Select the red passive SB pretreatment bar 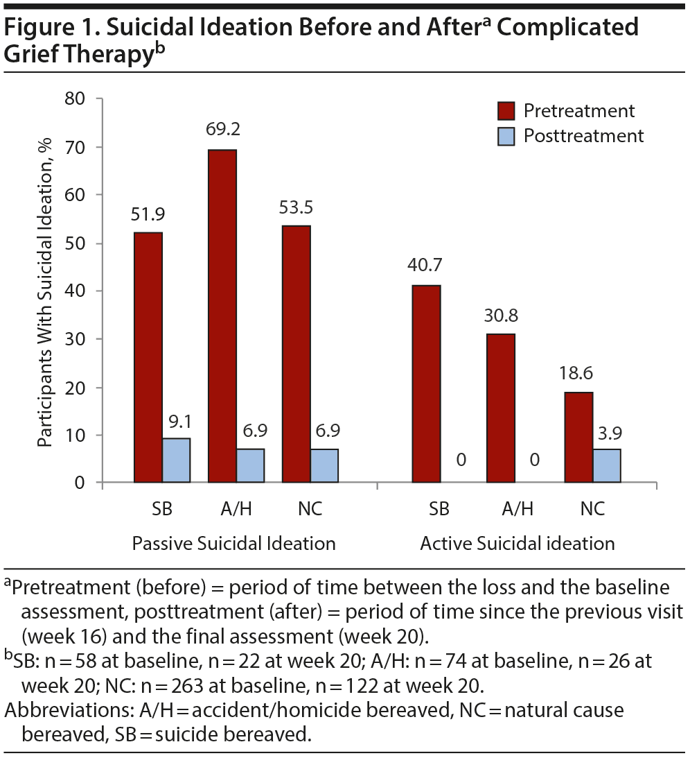[148, 357]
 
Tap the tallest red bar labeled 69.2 [222, 316]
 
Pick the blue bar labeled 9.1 [176, 460]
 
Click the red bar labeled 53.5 [297, 354]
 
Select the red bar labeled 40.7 [426, 384]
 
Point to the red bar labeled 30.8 [500, 408]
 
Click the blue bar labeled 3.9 [607, 465]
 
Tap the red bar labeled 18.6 [579, 437]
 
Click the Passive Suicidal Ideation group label [234, 543]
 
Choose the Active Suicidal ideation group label [517, 543]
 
